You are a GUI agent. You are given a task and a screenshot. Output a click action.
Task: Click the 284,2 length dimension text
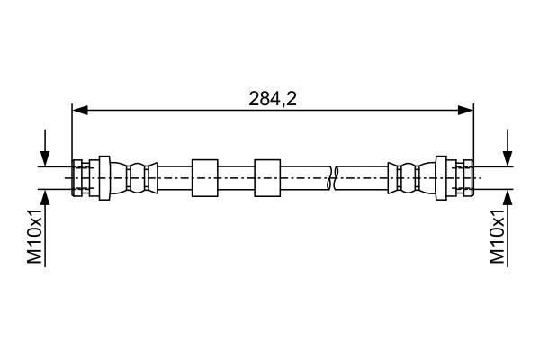pyautogui.click(x=273, y=99)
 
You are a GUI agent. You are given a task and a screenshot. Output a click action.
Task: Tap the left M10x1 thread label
pyautogui.click(x=35, y=236)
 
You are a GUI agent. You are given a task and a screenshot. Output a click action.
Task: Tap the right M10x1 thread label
pyautogui.click(x=498, y=236)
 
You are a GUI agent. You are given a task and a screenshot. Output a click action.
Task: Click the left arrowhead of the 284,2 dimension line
pyautogui.click(x=80, y=110)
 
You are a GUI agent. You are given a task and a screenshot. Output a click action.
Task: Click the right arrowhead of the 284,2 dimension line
pyautogui.click(x=465, y=110)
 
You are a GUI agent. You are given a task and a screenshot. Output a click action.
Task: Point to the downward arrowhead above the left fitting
pyautogui.click(x=45, y=158)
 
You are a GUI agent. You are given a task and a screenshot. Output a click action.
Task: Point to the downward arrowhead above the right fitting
pyautogui.click(x=508, y=158)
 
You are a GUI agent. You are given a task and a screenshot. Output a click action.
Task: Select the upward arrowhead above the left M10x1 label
pyautogui.click(x=45, y=197)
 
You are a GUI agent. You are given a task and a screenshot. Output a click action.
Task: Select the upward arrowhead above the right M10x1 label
pyautogui.click(x=508, y=197)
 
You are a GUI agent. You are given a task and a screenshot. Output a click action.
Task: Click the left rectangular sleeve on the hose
pyautogui.click(x=205, y=178)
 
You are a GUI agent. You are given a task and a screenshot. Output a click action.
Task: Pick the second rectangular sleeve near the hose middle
pyautogui.click(x=267, y=178)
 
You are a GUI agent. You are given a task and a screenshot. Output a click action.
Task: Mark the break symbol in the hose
pyautogui.click(x=331, y=178)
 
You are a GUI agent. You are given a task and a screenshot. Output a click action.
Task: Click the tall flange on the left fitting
pyautogui.click(x=104, y=178)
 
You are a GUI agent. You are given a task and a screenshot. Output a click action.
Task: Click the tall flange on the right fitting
pyautogui.click(x=441, y=178)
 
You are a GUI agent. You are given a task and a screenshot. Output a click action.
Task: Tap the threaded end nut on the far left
pyautogui.click(x=77, y=178)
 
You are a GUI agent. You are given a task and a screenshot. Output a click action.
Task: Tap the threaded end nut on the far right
pyautogui.click(x=468, y=178)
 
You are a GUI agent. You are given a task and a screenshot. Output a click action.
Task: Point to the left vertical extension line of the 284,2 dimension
pyautogui.click(x=72, y=149)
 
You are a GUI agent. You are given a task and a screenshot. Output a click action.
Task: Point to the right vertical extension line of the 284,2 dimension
pyautogui.click(x=474, y=149)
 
